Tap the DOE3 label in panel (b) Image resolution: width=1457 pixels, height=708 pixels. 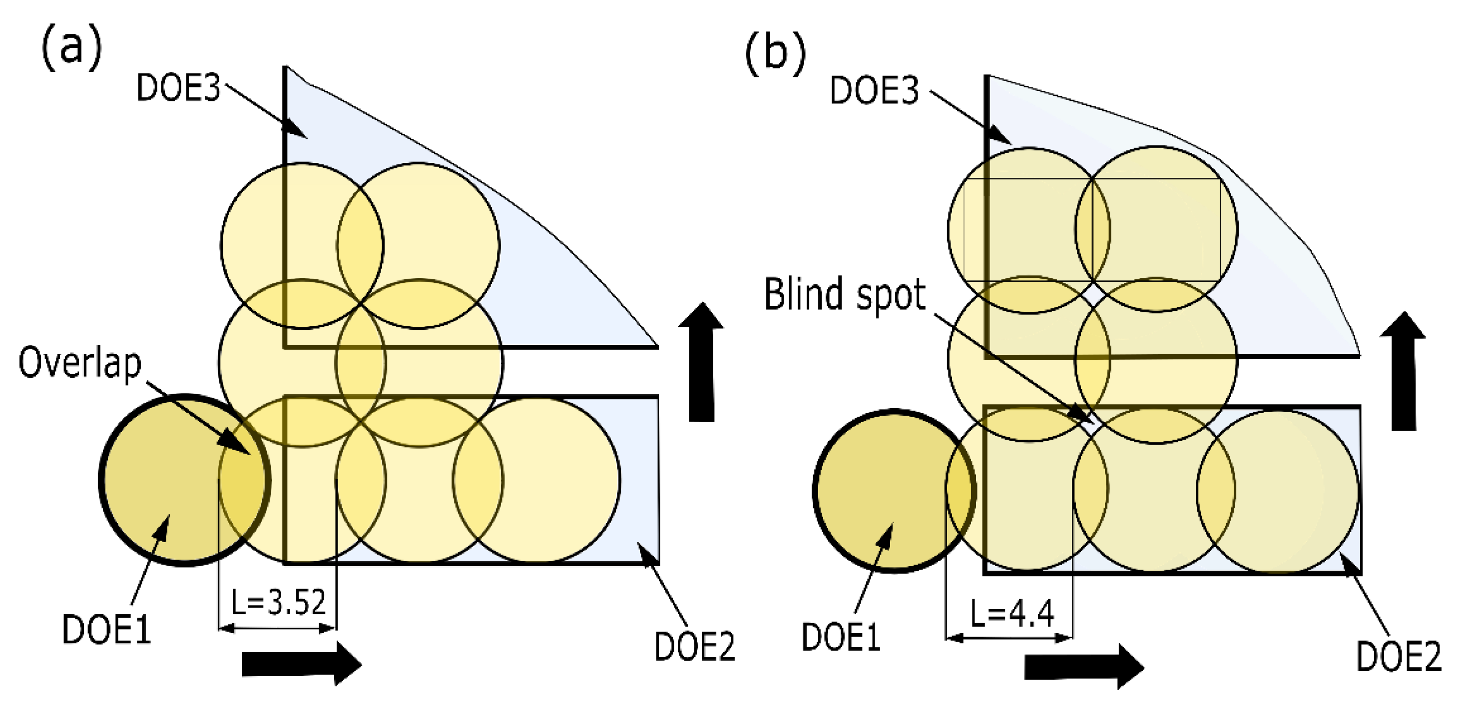tap(875, 90)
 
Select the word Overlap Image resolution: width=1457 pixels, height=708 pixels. tap(80, 364)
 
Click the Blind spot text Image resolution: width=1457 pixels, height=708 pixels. tap(845, 294)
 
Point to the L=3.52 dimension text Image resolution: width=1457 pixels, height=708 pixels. tap(279, 602)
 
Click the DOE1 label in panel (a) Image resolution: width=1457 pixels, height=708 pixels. tap(106, 630)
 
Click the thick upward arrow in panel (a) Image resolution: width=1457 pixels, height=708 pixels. tap(701, 362)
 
